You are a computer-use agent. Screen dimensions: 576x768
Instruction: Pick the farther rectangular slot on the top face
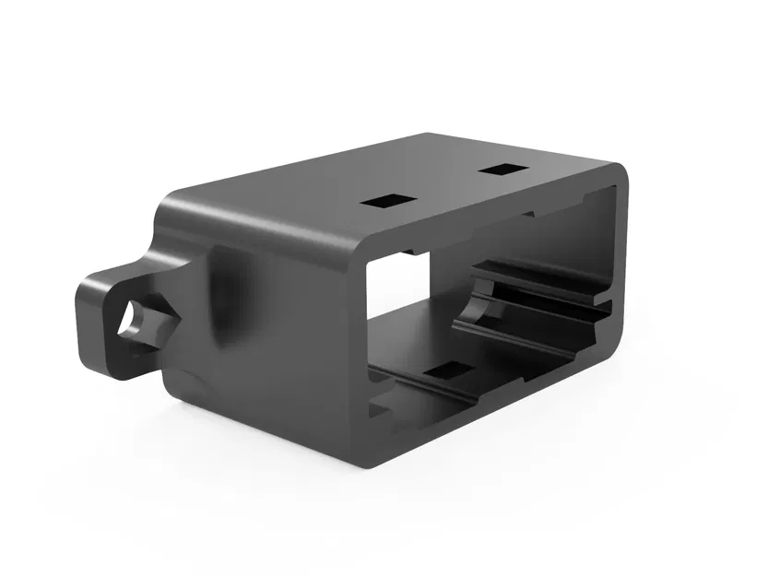coord(502,170)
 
